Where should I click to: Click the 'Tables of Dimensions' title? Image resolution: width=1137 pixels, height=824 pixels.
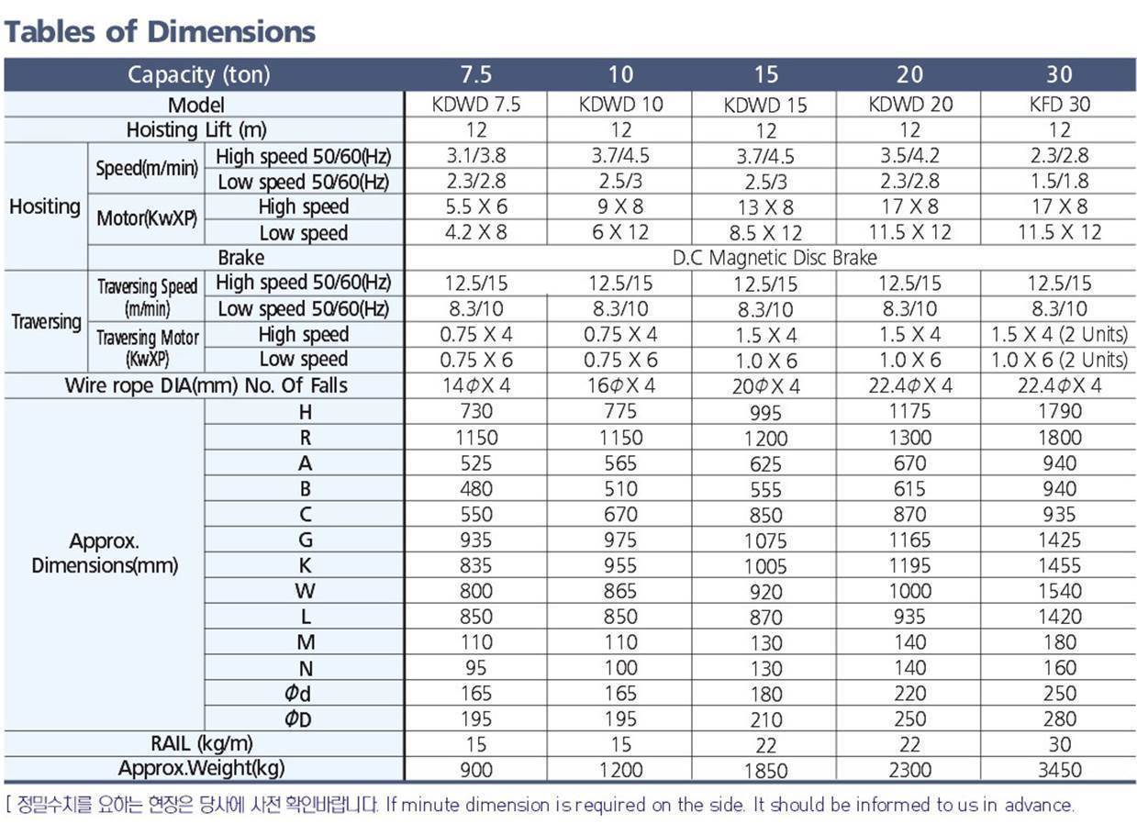pos(160,32)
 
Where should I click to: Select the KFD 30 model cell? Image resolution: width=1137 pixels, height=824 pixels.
pos(1059,105)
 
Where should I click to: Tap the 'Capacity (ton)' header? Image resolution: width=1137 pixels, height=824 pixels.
pos(198,75)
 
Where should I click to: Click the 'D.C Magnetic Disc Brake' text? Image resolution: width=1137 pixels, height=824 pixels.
pos(775,258)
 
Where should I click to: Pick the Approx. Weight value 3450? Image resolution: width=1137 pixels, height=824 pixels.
pos(1059,770)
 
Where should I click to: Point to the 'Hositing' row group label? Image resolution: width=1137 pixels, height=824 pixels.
pos(45,206)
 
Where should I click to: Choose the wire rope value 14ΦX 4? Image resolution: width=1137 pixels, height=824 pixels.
pos(476,385)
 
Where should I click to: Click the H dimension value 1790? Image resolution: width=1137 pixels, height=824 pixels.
pos(1059,411)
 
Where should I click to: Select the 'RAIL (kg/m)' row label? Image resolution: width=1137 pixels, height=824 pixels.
pos(202,744)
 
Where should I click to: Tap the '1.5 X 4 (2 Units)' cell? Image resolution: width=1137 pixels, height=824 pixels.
pos(1059,334)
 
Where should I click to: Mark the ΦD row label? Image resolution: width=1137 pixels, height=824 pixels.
pos(298,718)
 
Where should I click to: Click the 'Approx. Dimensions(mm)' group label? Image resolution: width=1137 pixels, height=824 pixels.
pos(105,553)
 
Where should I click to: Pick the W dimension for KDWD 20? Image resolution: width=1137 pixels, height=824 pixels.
pos(910,591)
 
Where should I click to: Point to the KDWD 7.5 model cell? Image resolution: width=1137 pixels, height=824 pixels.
pos(476,105)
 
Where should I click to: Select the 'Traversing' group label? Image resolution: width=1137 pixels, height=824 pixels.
pos(46,322)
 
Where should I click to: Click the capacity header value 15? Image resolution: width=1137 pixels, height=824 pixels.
pos(766,74)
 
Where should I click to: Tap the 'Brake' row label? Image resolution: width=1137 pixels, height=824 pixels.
pos(241,258)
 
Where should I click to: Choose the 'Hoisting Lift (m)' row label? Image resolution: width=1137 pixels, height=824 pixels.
pos(196,130)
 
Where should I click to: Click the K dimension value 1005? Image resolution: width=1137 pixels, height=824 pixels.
pos(765,566)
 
